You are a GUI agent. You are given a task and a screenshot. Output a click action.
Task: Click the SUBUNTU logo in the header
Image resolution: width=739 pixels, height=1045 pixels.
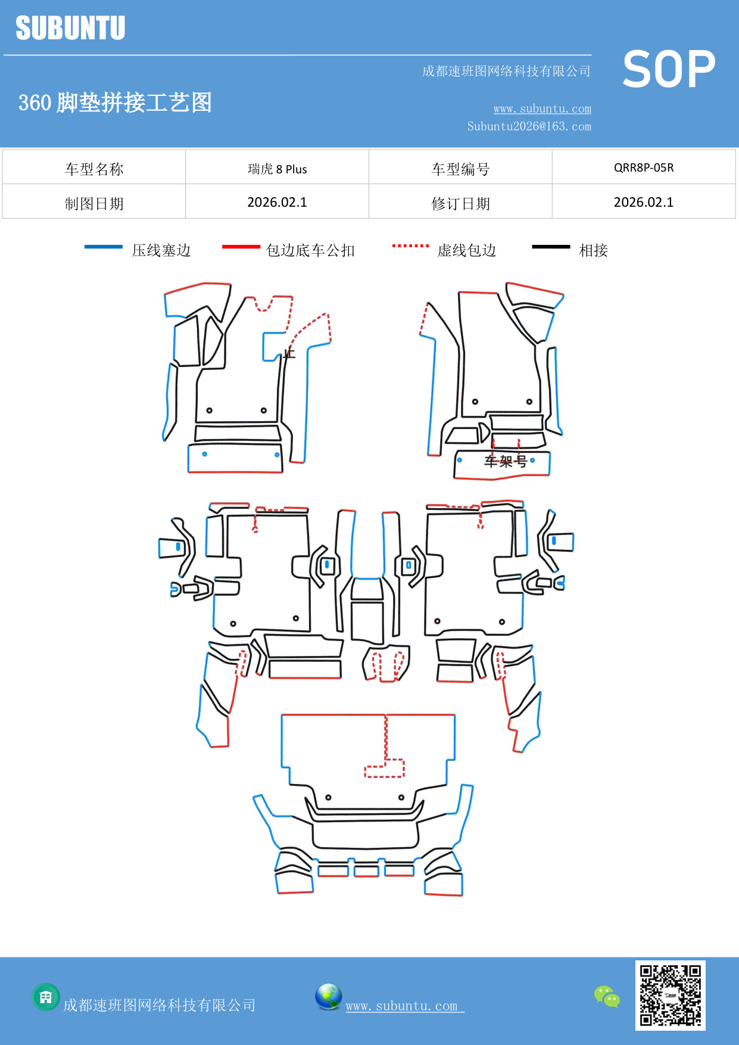70,28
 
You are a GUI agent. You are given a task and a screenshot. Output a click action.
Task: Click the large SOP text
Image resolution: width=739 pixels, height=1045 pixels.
669,70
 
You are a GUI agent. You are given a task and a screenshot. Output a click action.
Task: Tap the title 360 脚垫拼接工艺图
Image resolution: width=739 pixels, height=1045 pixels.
115,102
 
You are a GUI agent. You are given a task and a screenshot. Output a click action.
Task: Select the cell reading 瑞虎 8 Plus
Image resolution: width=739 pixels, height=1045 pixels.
277,169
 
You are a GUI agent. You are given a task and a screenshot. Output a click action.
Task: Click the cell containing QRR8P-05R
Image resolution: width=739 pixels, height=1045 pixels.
644,167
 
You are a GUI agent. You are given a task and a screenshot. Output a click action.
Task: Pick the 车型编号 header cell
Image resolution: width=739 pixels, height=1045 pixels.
460,169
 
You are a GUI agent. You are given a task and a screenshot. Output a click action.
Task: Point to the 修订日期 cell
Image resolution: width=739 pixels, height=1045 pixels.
460,204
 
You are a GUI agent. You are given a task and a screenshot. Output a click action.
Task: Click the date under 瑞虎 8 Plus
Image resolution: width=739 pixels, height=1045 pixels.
277,203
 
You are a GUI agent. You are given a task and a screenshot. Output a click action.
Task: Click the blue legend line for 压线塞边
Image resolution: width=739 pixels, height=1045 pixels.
104,247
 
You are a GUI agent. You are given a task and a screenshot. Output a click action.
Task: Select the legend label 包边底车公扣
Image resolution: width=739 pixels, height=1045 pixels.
310,250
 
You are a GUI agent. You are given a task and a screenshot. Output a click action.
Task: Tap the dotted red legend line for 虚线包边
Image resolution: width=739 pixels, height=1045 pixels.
410,245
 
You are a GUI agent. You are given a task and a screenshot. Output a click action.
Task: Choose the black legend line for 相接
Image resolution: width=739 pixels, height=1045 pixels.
551,247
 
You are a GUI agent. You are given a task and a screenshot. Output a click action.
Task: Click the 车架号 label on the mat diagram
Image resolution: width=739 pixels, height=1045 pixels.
505,461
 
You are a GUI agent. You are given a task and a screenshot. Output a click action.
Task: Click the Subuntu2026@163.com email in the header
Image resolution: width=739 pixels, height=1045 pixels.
529,126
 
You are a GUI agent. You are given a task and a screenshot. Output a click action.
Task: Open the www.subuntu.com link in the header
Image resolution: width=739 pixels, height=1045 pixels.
542,108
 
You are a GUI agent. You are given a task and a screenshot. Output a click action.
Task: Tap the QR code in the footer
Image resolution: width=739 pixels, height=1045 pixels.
670,996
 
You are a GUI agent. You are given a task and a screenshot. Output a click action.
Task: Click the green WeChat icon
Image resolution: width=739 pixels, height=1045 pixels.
607,997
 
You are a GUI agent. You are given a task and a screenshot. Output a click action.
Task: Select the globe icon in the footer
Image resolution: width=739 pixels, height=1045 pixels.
328,997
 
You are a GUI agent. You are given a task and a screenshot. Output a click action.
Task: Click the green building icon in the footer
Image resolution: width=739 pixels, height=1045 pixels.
46,997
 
